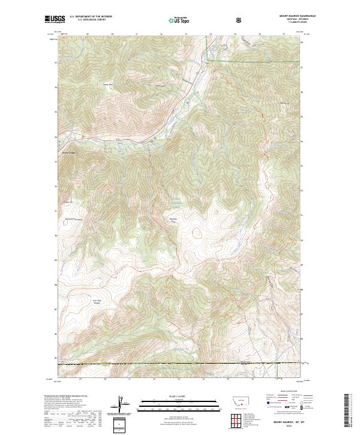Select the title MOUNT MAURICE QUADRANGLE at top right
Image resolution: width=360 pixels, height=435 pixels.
tap(297, 16)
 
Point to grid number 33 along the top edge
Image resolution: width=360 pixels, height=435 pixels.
tap(186, 34)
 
